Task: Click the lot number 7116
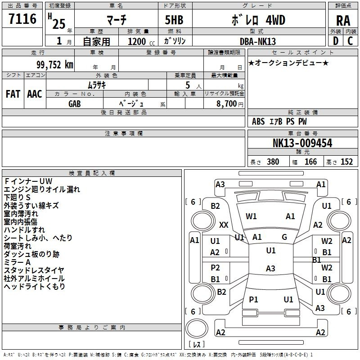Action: click(x=22, y=19)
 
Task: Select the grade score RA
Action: click(x=343, y=21)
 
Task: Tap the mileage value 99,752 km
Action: click(x=55, y=65)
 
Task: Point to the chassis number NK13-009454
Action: click(x=302, y=143)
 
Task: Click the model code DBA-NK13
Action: click(x=257, y=41)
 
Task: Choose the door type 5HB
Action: click(x=174, y=20)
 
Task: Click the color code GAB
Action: click(x=75, y=104)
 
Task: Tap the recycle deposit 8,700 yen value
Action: click(x=230, y=104)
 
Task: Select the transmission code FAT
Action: click(x=13, y=94)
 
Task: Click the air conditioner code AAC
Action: click(x=35, y=94)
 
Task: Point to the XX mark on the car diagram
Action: click(x=224, y=225)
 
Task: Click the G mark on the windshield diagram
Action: click(x=284, y=237)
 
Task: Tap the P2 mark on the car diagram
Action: click(x=215, y=267)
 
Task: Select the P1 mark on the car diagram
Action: click(x=253, y=299)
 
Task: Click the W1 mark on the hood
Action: click(x=251, y=216)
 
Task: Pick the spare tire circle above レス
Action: click(x=197, y=328)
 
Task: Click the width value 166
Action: click(x=310, y=162)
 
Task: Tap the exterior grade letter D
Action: click(x=336, y=41)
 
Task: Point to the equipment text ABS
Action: click(x=258, y=121)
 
